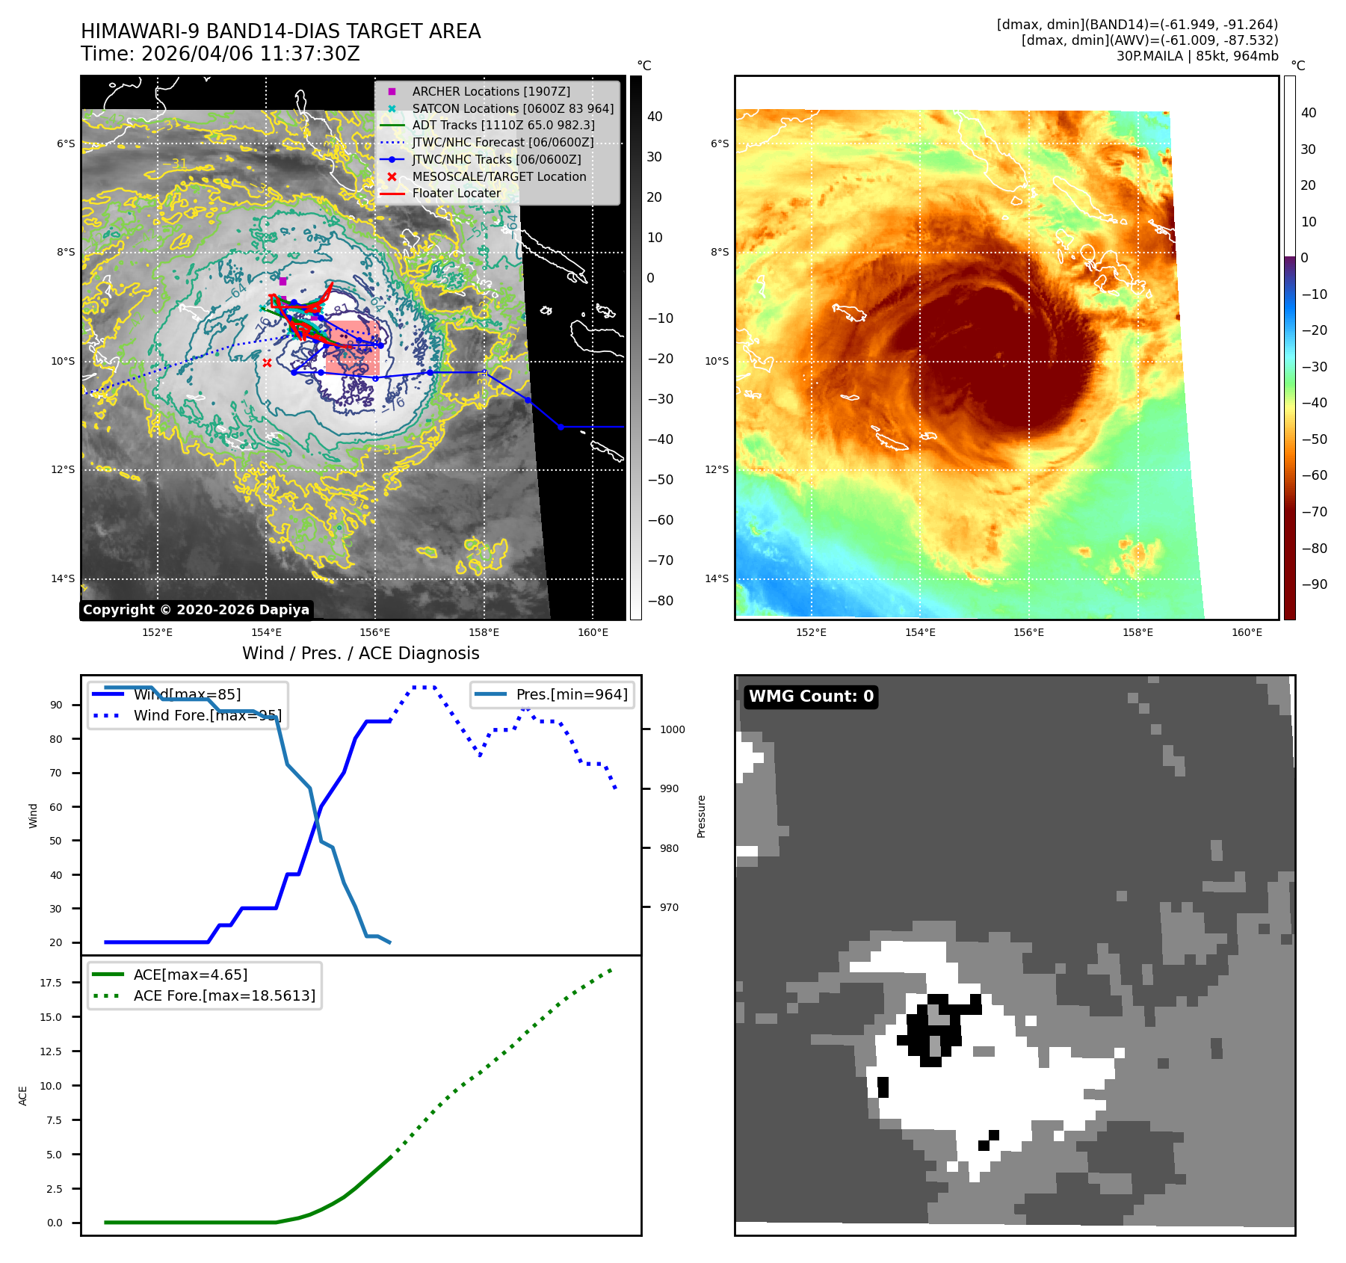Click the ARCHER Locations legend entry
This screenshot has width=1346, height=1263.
(x=490, y=91)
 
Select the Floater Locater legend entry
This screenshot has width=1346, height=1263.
(x=456, y=193)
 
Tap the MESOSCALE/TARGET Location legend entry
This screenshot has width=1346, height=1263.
(x=498, y=176)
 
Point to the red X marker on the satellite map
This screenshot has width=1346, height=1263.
(x=267, y=363)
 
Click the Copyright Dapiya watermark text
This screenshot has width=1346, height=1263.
(x=196, y=610)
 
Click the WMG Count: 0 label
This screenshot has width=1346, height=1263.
(x=811, y=697)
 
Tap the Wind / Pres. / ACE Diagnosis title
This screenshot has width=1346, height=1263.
(x=360, y=653)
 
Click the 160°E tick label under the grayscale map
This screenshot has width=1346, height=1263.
(x=593, y=632)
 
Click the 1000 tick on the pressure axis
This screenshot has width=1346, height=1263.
(x=672, y=729)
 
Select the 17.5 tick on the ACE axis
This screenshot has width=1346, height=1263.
(x=51, y=983)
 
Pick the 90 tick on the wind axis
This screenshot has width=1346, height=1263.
(x=56, y=705)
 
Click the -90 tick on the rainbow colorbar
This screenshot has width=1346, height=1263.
(x=1314, y=584)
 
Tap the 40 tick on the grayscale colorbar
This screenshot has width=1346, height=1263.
(x=655, y=117)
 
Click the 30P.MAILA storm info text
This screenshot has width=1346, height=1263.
(x=1197, y=56)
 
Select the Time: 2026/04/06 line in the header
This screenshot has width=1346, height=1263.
(x=220, y=54)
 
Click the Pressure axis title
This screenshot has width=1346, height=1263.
(x=701, y=816)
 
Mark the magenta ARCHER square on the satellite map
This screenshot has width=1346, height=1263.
(x=283, y=282)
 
